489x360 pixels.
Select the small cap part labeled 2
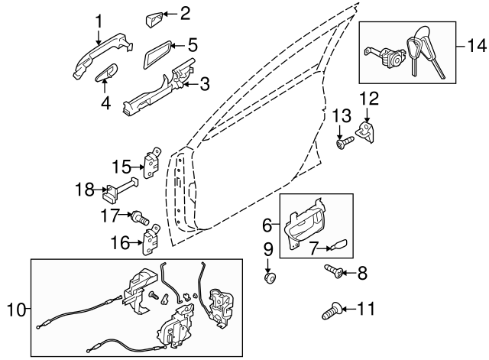(x=153, y=15)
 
